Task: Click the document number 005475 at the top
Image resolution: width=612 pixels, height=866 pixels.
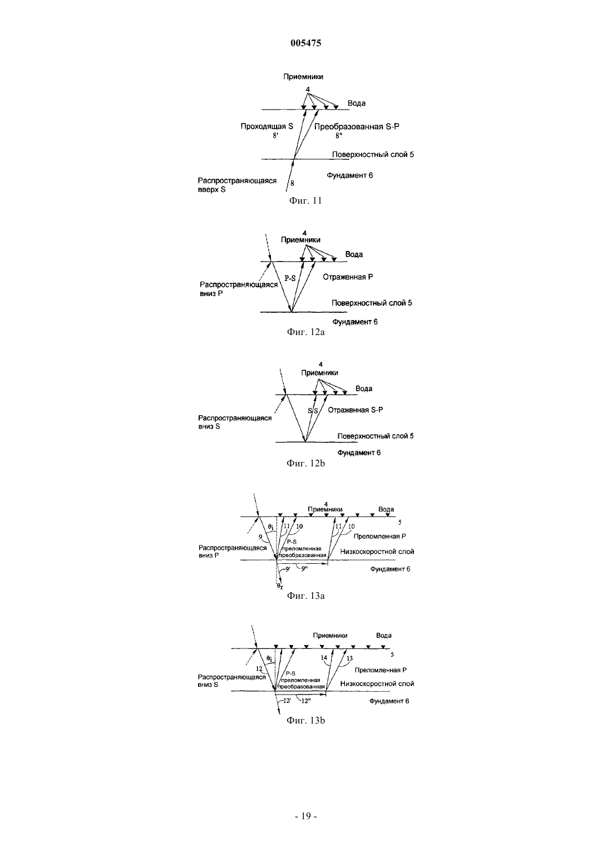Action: coord(305,43)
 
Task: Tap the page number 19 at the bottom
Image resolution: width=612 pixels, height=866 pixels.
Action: coord(306,816)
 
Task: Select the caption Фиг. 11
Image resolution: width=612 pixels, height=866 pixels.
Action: coord(305,200)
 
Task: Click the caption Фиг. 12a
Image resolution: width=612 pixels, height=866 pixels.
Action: coord(305,332)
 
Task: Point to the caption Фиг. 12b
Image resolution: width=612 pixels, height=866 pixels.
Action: coord(305,462)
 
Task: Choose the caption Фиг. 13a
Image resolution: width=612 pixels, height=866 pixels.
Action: coord(305,596)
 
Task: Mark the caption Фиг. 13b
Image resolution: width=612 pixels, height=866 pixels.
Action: coord(305,720)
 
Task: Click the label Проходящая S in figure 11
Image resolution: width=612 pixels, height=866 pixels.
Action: coord(266,126)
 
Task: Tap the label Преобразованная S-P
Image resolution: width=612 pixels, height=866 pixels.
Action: coord(356,126)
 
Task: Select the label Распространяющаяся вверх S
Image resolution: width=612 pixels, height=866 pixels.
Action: coord(237,185)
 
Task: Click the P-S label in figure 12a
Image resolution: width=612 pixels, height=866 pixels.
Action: coord(290,278)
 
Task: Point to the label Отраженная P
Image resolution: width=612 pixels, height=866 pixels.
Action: coord(348,277)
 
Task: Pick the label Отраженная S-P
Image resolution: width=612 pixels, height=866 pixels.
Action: coord(356,410)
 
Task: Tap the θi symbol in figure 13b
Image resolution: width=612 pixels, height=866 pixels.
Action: coord(269,658)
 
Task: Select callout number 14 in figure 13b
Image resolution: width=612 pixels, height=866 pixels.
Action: coord(324,658)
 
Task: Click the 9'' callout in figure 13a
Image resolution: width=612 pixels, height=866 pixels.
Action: coord(304,568)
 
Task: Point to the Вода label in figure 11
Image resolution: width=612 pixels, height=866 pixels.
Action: coord(356,103)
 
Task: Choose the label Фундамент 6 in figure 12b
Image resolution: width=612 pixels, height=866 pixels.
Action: coord(359,452)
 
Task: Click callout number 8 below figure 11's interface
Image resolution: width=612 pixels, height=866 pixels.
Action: coord(292,183)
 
